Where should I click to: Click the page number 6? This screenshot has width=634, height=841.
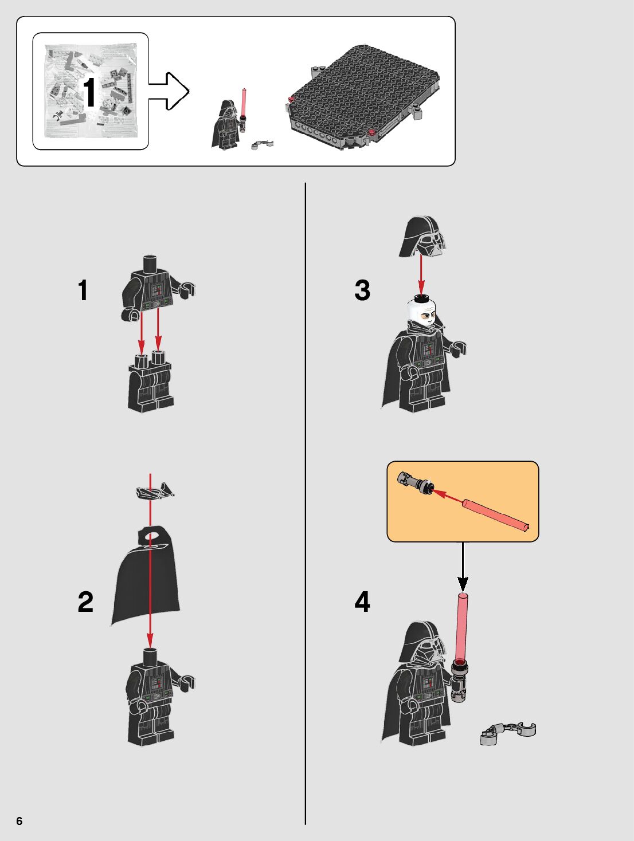19,821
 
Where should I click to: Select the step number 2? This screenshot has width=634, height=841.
85,602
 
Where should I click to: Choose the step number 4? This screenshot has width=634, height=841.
362,602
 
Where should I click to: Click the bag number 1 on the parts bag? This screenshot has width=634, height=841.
89,92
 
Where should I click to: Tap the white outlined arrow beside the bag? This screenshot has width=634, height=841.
169,91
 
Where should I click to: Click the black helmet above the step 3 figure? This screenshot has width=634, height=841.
422,237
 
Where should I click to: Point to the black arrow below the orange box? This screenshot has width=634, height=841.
463,566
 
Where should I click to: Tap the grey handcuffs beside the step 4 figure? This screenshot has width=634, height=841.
508,733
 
